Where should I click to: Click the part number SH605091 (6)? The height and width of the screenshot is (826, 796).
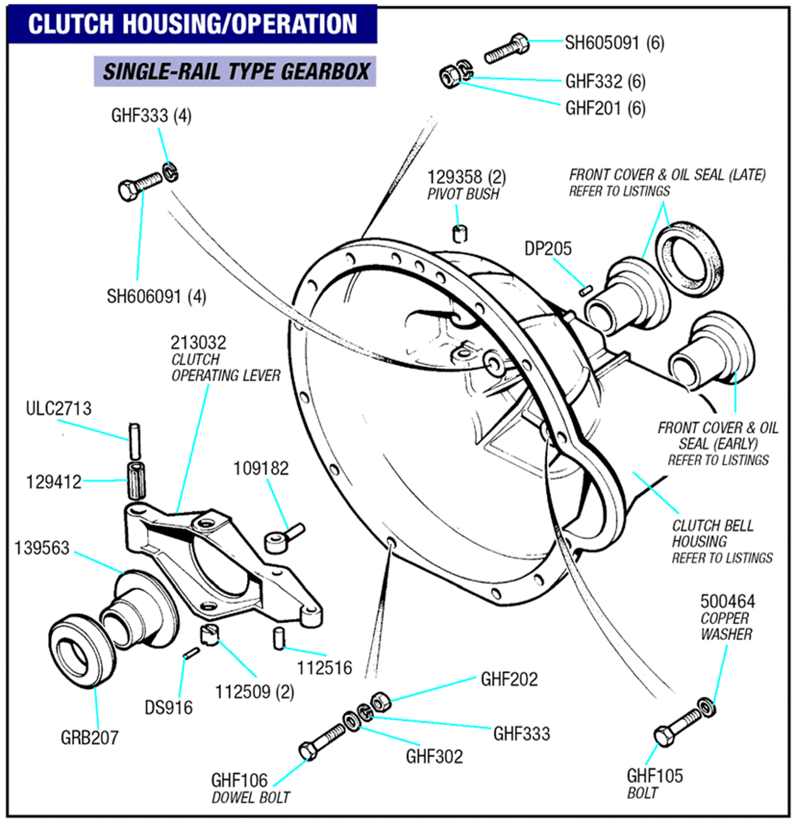[x=614, y=43]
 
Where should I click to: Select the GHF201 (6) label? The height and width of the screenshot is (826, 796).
[x=605, y=109]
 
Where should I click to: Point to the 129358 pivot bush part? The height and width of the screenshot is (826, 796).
[x=460, y=234]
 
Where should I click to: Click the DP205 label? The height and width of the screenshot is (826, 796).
[x=547, y=249]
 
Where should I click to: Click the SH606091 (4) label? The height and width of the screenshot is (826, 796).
[x=156, y=297]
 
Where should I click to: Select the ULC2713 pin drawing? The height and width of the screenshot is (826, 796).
[x=135, y=441]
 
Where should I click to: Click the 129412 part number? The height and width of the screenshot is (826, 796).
[x=54, y=482]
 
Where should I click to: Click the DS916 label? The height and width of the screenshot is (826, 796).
[x=168, y=708]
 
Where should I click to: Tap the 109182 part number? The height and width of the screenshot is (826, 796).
[x=261, y=469]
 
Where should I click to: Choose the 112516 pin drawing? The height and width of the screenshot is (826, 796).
[x=279, y=638]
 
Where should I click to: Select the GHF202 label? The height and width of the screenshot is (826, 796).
[x=509, y=679]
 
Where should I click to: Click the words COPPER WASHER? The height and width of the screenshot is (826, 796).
[x=726, y=626]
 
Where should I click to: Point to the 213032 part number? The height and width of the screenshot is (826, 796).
[x=198, y=343]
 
